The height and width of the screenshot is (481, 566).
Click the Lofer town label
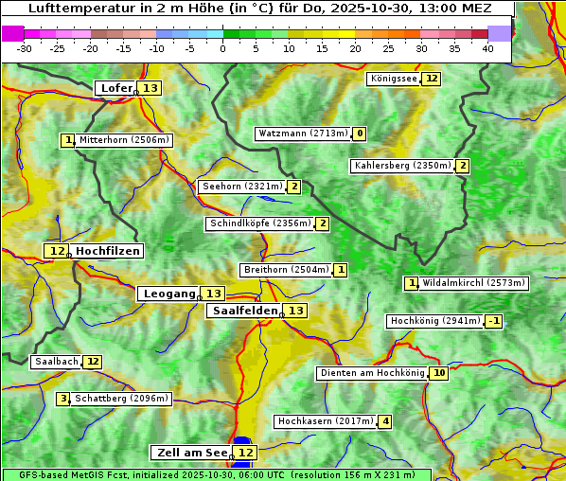pos(115,88)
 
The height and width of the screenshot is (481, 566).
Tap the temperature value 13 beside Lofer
pos(150,88)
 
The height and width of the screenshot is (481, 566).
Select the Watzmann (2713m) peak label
pos(303,134)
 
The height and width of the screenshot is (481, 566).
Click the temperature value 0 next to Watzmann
pos(360,134)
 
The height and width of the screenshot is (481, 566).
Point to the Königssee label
pos(393,79)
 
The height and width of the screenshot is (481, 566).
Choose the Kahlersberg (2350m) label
pos(402,166)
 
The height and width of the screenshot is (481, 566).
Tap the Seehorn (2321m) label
pos(242,187)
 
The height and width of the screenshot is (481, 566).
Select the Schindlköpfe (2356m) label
pos(259,223)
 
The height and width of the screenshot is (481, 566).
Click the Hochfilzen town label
pos(108,251)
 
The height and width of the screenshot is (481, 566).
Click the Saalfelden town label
pos(244,311)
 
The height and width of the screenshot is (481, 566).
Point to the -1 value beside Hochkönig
pos(494,321)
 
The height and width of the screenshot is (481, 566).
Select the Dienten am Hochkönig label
pos(372,373)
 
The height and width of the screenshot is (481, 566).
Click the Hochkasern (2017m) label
pos(326,421)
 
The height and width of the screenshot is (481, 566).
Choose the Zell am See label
pos(191,453)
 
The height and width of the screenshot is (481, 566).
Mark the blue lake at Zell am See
pos(242,441)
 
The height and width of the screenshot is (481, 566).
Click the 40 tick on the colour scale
pos(487,48)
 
